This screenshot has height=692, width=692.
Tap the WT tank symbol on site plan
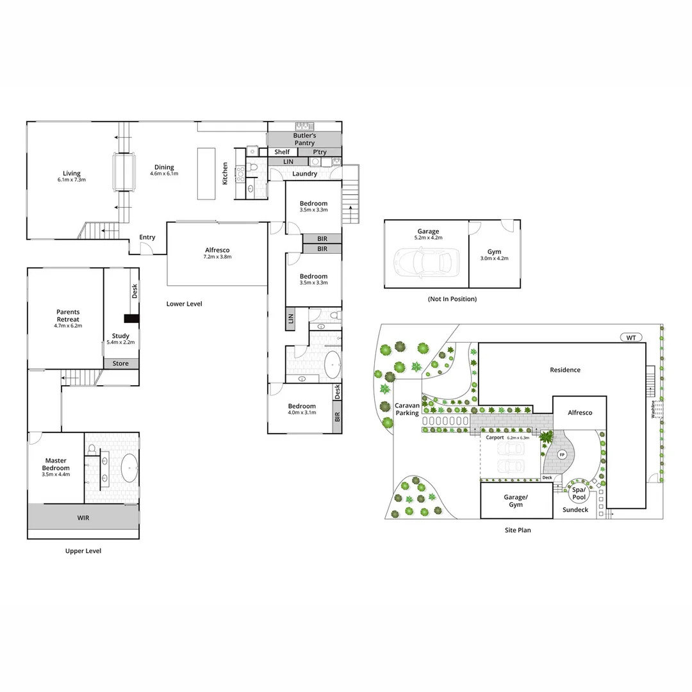coord(632,337)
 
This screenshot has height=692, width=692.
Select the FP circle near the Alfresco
coord(562,454)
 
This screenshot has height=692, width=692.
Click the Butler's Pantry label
coord(304,139)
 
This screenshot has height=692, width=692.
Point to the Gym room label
coord(493,252)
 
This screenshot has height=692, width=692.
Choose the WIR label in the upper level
coord(83,517)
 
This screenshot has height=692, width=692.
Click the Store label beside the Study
coord(120,363)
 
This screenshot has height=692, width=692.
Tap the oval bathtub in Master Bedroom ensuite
coord(129,468)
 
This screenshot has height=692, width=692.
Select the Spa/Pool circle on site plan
coord(579,493)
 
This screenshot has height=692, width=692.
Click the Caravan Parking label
coord(407,409)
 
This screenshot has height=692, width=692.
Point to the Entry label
coord(147,237)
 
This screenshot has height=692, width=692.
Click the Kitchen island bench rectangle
coord(206,174)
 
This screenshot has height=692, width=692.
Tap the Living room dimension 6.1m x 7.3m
coord(72,180)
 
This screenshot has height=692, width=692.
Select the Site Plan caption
coord(516,530)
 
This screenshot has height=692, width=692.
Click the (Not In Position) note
coord(452,299)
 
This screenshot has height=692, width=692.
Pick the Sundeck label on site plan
coord(575,509)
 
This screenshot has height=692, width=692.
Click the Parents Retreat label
coord(68,315)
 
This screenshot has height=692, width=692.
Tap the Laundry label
coord(304,174)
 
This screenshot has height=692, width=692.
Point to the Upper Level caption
coord(83,550)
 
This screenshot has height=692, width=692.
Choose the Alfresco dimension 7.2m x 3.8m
coord(217,256)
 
